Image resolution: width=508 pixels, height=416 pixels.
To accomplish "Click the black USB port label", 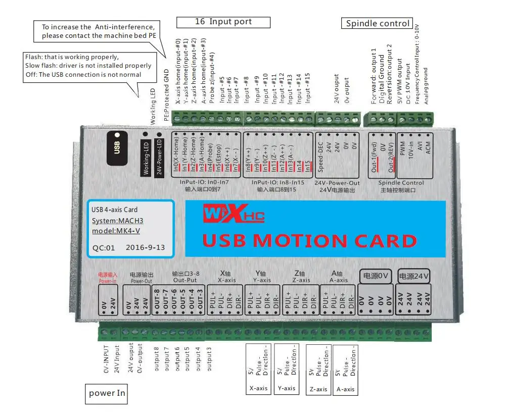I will coord(117,147).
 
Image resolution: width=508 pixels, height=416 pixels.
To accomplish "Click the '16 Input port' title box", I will coord(223,22).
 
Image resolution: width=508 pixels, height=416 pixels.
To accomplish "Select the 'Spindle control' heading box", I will coord(378,23).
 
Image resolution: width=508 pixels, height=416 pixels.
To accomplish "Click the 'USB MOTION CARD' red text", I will coord(309,240).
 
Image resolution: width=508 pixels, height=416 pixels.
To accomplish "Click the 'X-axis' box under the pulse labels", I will coord(258,388).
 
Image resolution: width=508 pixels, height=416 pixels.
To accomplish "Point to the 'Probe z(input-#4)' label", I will coord(212,78).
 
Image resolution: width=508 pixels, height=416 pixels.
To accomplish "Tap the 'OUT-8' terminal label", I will coord(157,300).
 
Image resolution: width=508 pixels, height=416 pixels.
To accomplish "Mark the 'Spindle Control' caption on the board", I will coord(402,183).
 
